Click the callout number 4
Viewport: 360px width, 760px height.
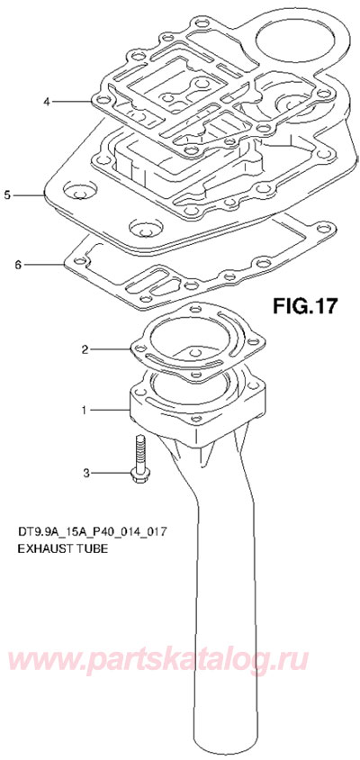click(x=46, y=102)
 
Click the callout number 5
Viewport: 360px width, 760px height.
click(x=8, y=194)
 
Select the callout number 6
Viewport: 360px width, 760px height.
click(x=18, y=265)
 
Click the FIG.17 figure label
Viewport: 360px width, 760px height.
click(x=303, y=306)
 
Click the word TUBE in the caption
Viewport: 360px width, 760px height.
click(x=92, y=547)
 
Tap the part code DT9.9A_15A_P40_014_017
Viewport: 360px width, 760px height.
click(x=91, y=531)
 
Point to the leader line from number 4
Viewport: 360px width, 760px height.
click(x=76, y=102)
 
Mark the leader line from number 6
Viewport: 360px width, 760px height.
click(x=45, y=265)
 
